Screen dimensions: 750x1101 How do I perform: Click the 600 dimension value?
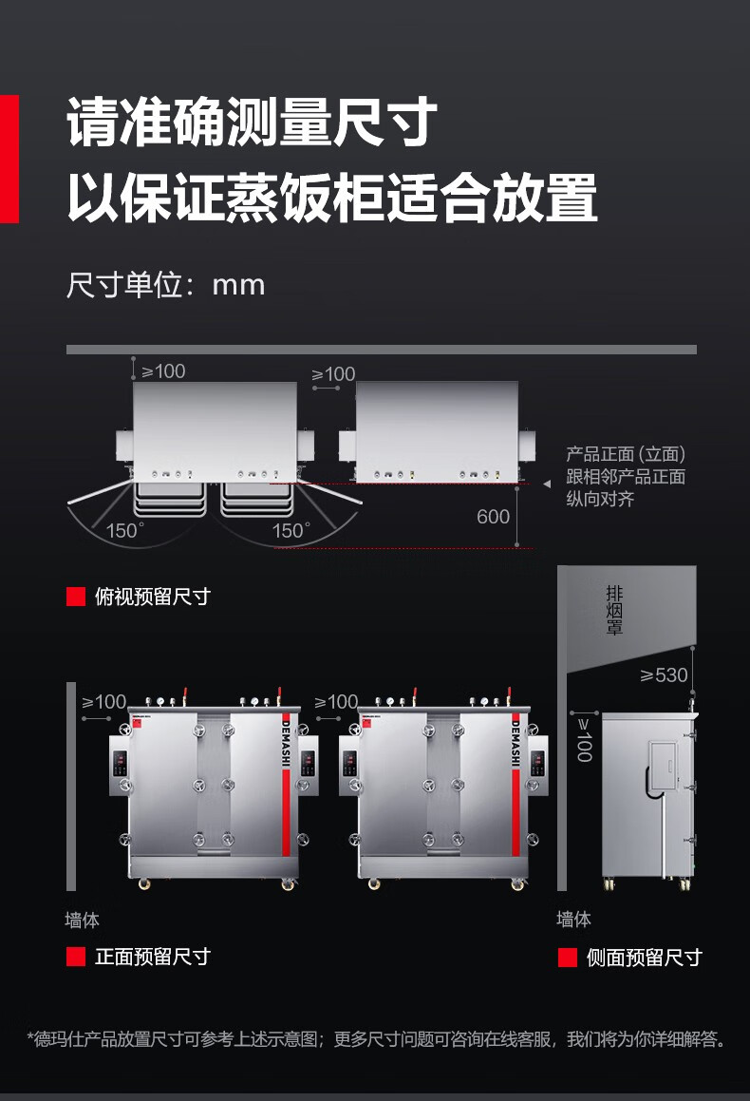[x=494, y=517]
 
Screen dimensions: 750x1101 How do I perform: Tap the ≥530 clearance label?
[x=664, y=675]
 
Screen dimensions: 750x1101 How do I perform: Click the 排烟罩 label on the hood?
[x=614, y=611]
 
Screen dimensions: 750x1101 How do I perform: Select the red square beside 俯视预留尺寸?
[x=76, y=597]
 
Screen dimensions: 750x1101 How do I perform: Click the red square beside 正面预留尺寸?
[x=76, y=957]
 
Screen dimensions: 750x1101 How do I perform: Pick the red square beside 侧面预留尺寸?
[x=568, y=958]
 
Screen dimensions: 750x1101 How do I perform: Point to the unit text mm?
[x=238, y=286]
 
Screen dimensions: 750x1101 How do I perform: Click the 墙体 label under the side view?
[x=574, y=920]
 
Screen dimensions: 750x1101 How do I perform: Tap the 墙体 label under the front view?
[x=82, y=920]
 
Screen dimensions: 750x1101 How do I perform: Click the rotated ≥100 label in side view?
[x=584, y=739]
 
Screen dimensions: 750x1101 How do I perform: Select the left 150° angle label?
[x=125, y=531]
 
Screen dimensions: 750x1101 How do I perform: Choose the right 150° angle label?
[x=291, y=531]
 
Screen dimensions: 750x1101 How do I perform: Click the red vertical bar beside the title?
[x=9, y=159]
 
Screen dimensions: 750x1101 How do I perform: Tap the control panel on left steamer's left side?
[x=120, y=766]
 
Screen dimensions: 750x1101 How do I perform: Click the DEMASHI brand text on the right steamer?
[x=516, y=741]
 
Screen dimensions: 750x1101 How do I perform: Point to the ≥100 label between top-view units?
[x=334, y=374]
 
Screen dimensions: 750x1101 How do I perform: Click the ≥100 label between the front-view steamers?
[x=336, y=702]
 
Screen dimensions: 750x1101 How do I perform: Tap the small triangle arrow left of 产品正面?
[x=547, y=484]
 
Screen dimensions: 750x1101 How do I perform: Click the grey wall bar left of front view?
[x=71, y=787]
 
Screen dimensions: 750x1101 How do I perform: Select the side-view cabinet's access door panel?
[x=664, y=767]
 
